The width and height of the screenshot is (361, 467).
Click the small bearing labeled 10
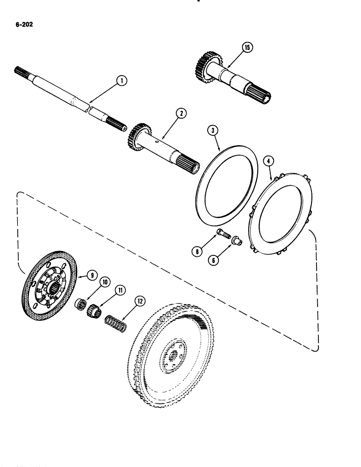[x=80, y=304]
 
